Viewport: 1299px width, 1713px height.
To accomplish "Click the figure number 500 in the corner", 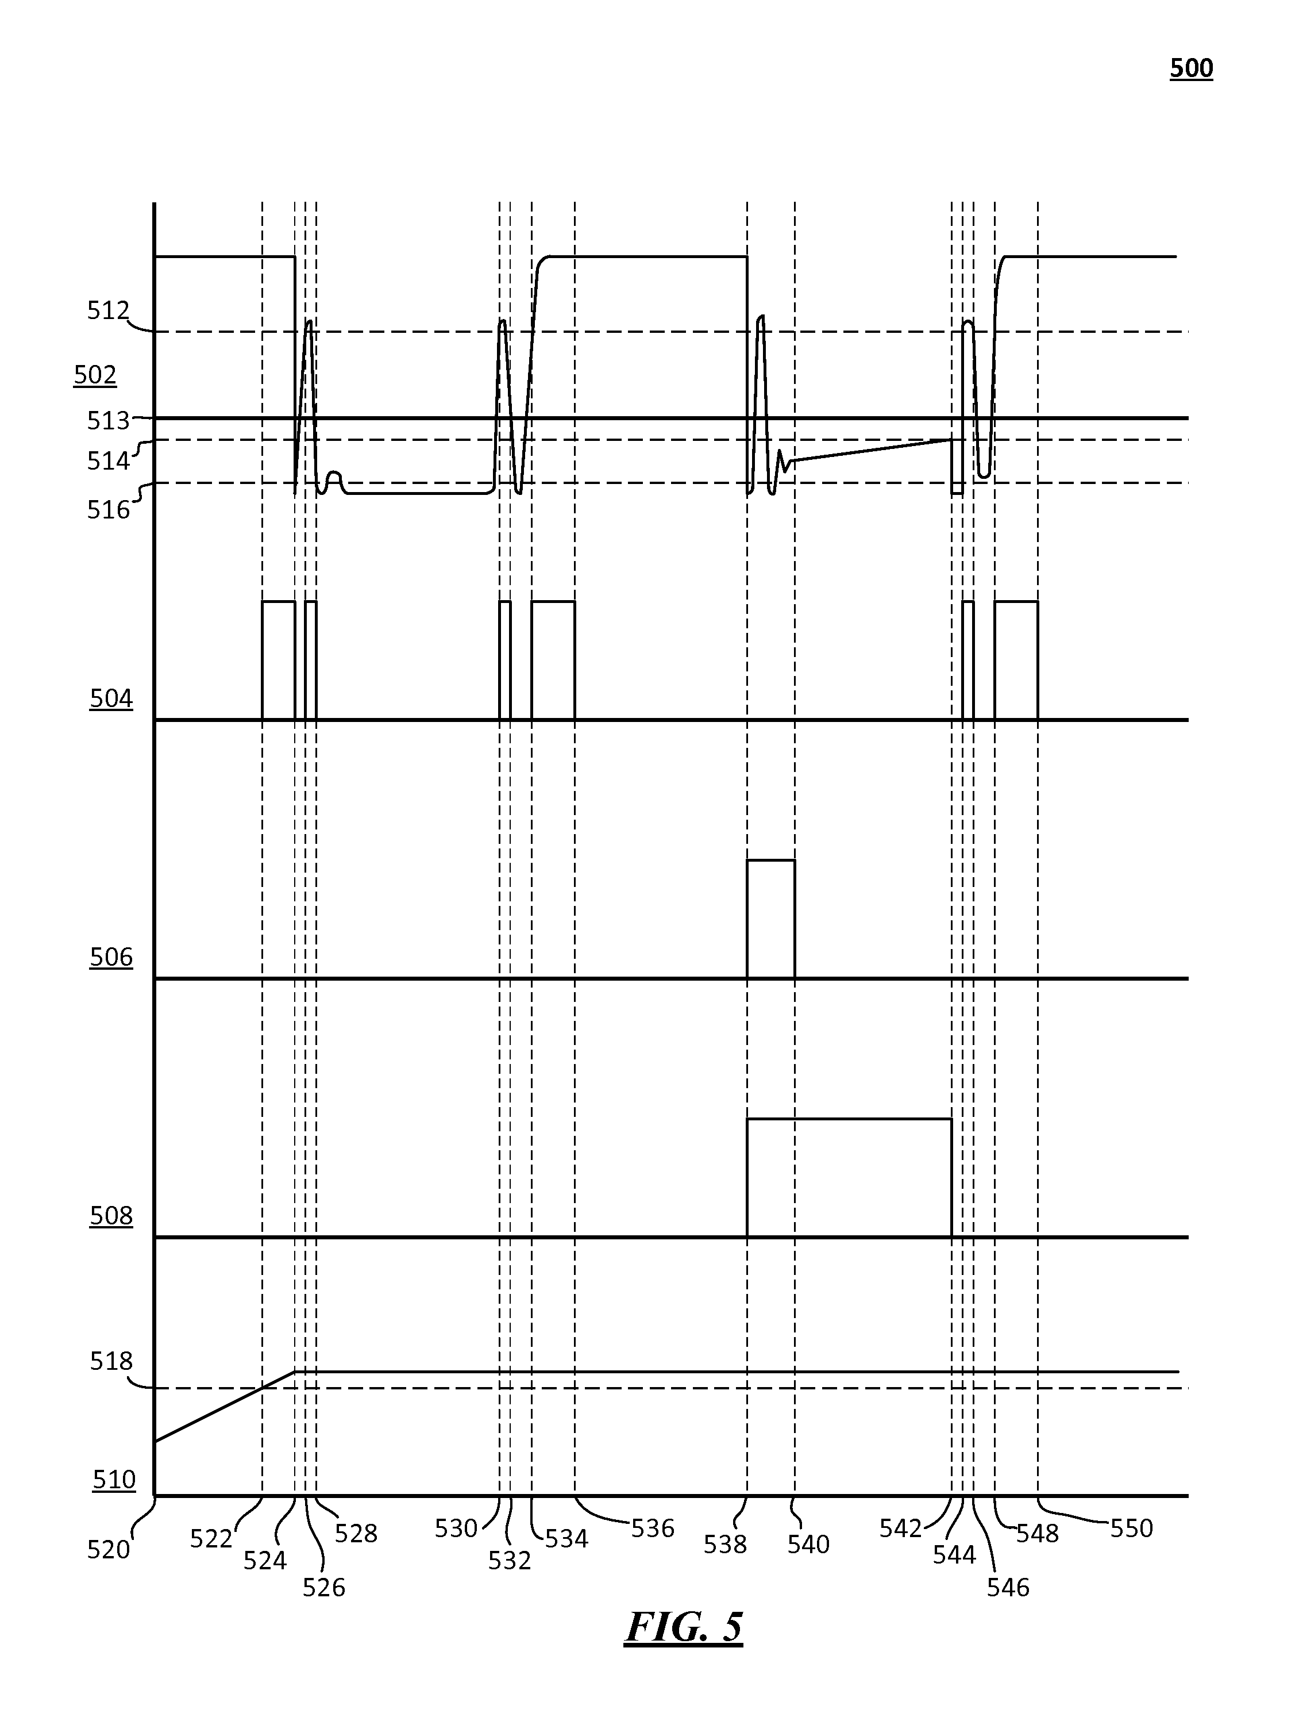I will pyautogui.click(x=1190, y=69).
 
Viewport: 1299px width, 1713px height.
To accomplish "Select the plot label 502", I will pyautogui.click(x=95, y=375).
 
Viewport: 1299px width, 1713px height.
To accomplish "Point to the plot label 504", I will pyautogui.click(x=111, y=700).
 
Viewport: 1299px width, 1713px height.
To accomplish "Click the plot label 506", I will pyautogui.click(x=111, y=958).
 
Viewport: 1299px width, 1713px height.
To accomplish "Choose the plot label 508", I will pyautogui.click(x=111, y=1216).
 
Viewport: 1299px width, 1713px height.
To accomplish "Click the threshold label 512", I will pyautogui.click(x=107, y=312).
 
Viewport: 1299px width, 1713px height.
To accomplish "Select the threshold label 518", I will pyautogui.click(x=111, y=1361).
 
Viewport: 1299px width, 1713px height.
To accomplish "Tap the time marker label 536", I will pyautogui.click(x=653, y=1528).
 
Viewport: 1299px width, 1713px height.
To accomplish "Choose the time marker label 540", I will pyautogui.click(x=808, y=1544).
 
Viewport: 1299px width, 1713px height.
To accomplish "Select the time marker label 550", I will pyautogui.click(x=1131, y=1528).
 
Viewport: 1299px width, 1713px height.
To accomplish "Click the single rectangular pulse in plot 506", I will pyautogui.click(x=770, y=919).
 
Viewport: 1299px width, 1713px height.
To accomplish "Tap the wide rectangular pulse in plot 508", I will pyautogui.click(x=849, y=1177).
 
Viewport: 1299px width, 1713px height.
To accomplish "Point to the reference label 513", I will pyautogui.click(x=107, y=421).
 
